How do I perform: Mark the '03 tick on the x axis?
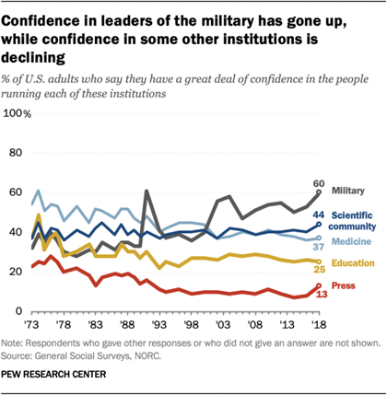219,325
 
